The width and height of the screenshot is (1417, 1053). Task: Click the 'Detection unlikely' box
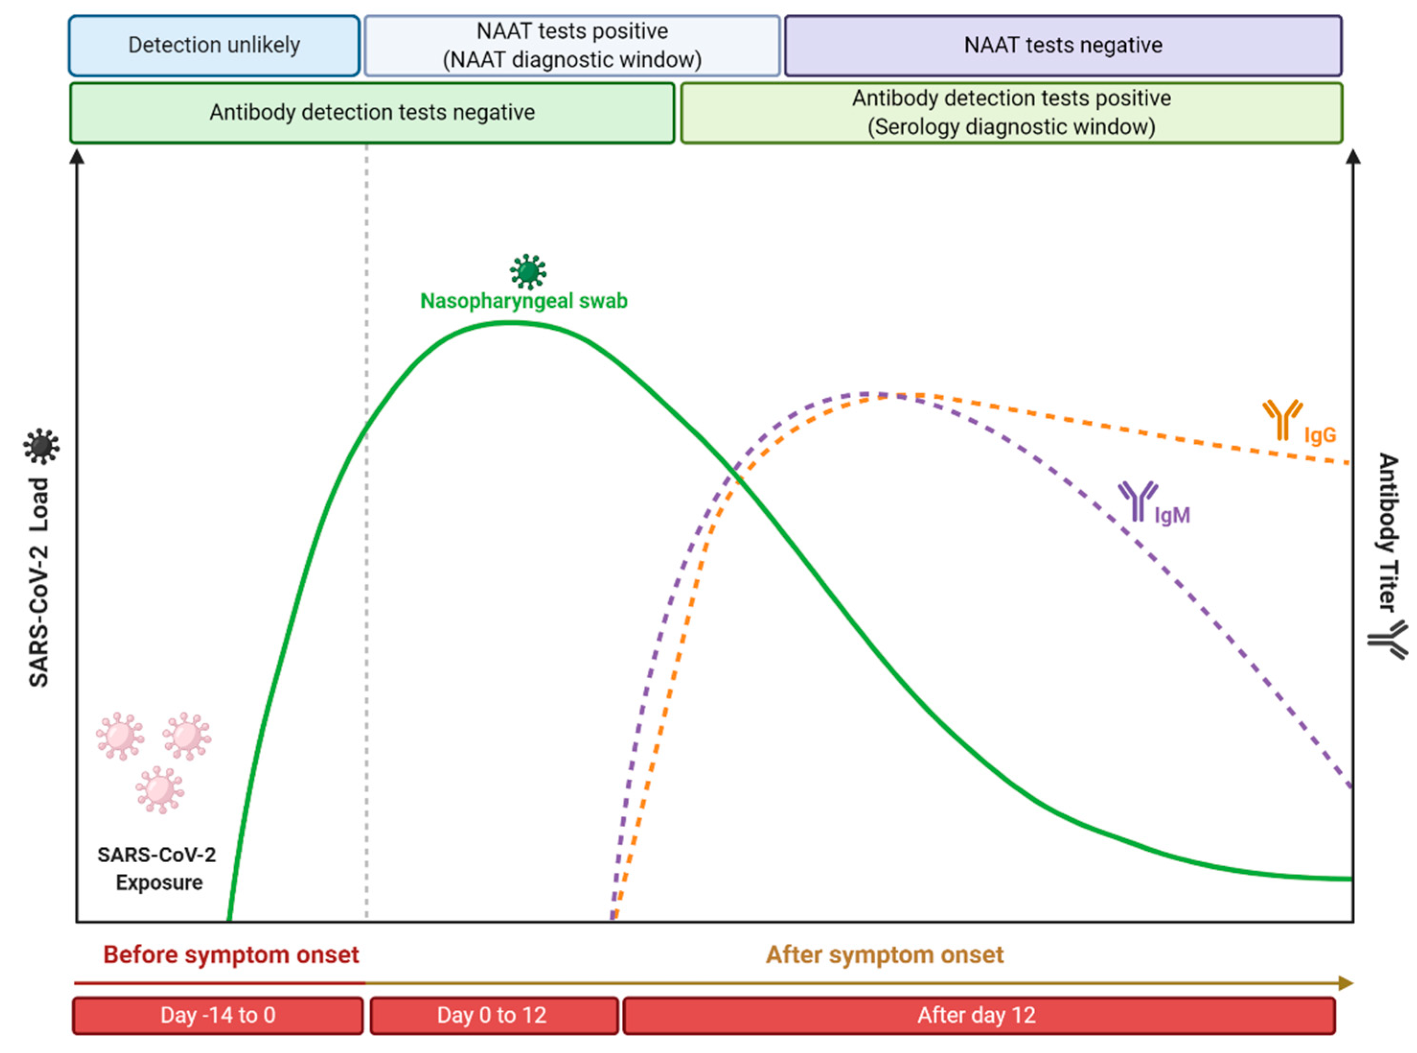(214, 45)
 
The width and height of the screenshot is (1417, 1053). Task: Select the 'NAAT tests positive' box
(571, 45)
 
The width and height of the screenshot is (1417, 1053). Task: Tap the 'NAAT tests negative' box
(1062, 45)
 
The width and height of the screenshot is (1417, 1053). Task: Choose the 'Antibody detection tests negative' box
(372, 113)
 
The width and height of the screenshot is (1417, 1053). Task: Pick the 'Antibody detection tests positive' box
(1011, 113)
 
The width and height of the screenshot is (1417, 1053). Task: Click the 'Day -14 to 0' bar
(218, 1016)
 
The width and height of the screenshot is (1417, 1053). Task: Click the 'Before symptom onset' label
(231, 955)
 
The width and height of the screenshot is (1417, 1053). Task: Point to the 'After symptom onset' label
(884, 955)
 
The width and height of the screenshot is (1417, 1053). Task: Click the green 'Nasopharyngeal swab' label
(524, 301)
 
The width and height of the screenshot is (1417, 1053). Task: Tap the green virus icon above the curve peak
(527, 272)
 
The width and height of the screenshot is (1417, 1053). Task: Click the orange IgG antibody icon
(1282, 420)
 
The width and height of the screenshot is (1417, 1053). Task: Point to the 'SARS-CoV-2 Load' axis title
(39, 581)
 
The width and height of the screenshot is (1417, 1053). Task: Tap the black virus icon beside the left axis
(41, 446)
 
